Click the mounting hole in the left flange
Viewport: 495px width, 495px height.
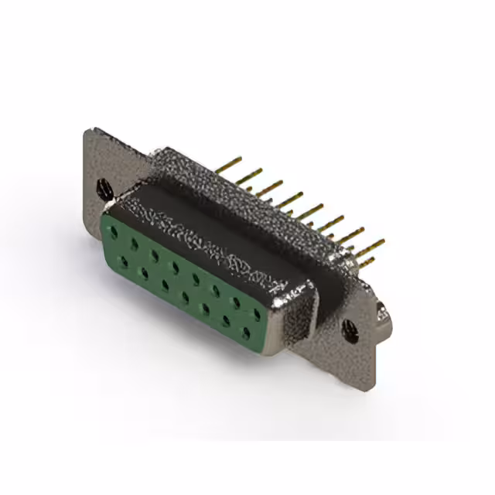click(101, 187)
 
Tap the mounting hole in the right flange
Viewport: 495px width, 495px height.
click(350, 330)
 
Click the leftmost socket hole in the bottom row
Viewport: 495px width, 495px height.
click(123, 261)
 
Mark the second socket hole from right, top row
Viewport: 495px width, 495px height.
click(237, 302)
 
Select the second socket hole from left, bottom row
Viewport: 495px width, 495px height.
click(144, 272)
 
